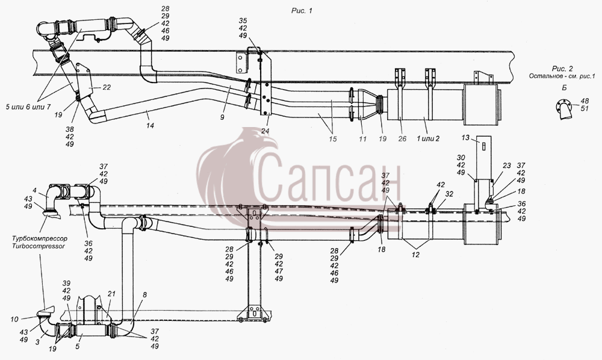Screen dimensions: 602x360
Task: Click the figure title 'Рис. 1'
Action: pos(302,11)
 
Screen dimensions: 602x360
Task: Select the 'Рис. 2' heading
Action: pos(562,69)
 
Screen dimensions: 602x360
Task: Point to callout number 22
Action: pos(107,87)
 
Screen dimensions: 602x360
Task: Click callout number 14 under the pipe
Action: pos(150,125)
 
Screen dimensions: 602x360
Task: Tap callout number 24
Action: pos(265,131)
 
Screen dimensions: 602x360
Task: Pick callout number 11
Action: pos(363,139)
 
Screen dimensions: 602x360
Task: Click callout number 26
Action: pos(402,139)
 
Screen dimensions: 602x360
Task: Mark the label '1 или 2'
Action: pos(428,139)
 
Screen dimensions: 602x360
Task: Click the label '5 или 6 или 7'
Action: pos(28,107)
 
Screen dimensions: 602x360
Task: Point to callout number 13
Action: pos(465,137)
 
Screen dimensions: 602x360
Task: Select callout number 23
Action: pos(507,166)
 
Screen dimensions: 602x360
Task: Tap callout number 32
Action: pos(449,194)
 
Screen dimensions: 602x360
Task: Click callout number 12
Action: pos(416,255)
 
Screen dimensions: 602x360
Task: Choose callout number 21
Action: pos(111,294)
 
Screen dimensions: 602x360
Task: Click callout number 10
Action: pos(14,319)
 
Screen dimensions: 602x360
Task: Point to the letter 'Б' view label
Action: pos(564,88)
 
